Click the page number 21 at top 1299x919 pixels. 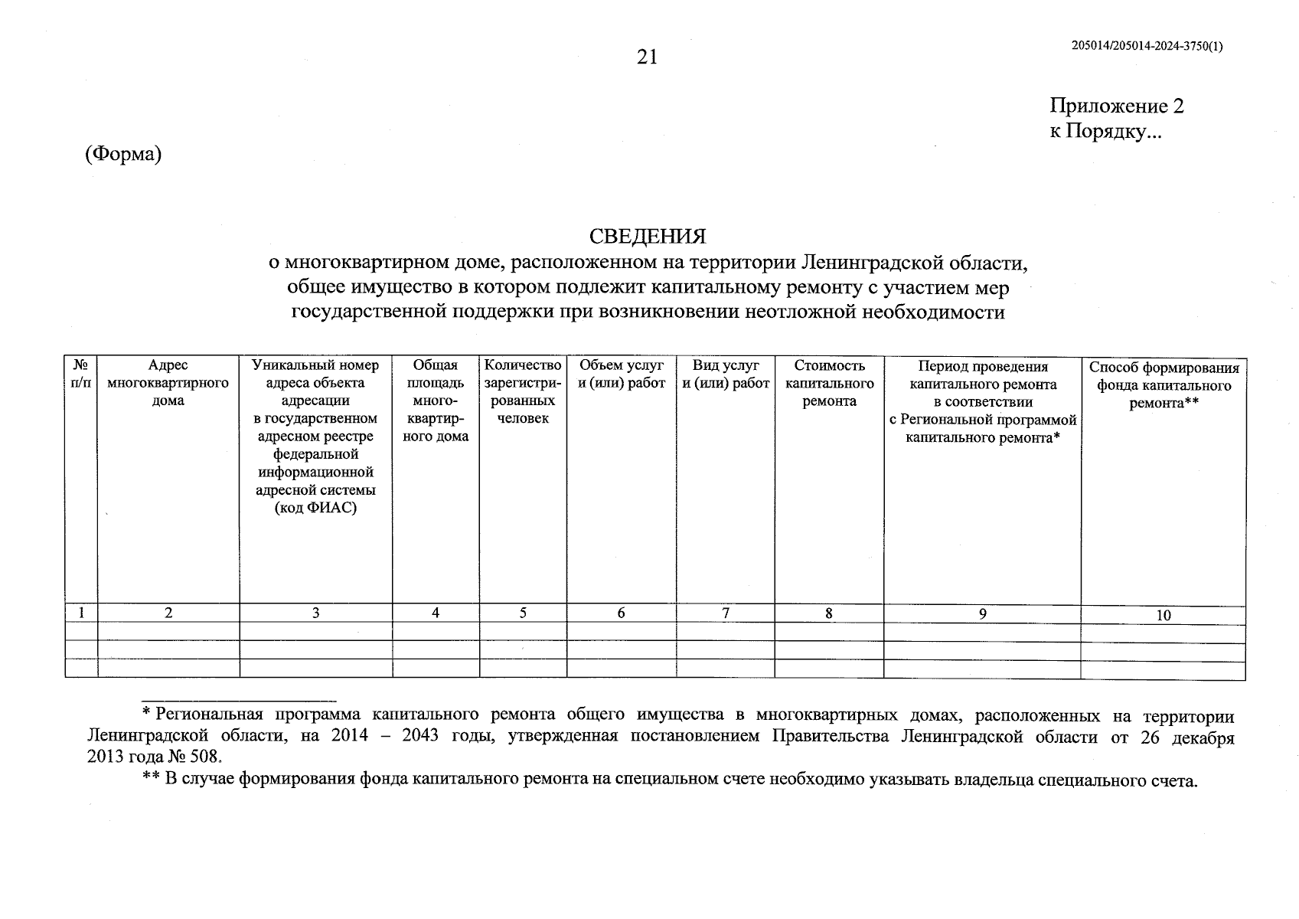tap(647, 57)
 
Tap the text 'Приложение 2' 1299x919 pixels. tap(1116, 106)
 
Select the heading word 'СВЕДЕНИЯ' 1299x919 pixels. tap(647, 236)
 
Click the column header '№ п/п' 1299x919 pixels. tap(81, 374)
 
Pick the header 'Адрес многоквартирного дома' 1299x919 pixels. tap(168, 383)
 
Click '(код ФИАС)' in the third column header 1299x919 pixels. tap(315, 508)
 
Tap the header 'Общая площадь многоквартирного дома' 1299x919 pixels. tap(436, 401)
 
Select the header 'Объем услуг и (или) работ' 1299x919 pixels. tap(621, 374)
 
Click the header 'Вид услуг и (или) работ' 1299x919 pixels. tap(725, 374)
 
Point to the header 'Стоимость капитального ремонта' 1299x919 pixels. tap(829, 383)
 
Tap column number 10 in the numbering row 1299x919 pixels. tap(1164, 615)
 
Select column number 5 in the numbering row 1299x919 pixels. tap(523, 613)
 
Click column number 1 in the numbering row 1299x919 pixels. tap(81, 613)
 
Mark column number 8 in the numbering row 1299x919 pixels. tap(829, 613)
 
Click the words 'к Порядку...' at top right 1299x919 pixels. tap(1105, 132)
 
